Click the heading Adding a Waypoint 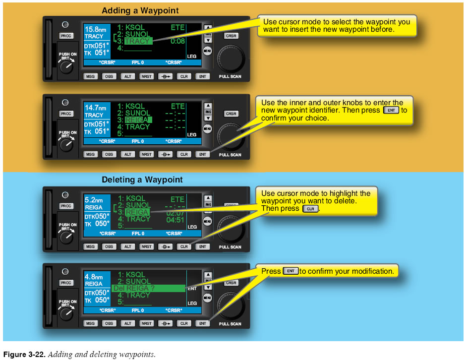140,10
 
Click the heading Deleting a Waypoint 142,180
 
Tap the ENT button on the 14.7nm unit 202,154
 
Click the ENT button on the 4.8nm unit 202,323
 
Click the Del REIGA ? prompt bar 149,288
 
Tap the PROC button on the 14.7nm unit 66,114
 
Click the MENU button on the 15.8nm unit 208,51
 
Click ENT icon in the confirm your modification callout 291,271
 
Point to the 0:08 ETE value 177,42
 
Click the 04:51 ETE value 175,219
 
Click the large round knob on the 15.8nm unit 231,58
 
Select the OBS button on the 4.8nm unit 109,323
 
